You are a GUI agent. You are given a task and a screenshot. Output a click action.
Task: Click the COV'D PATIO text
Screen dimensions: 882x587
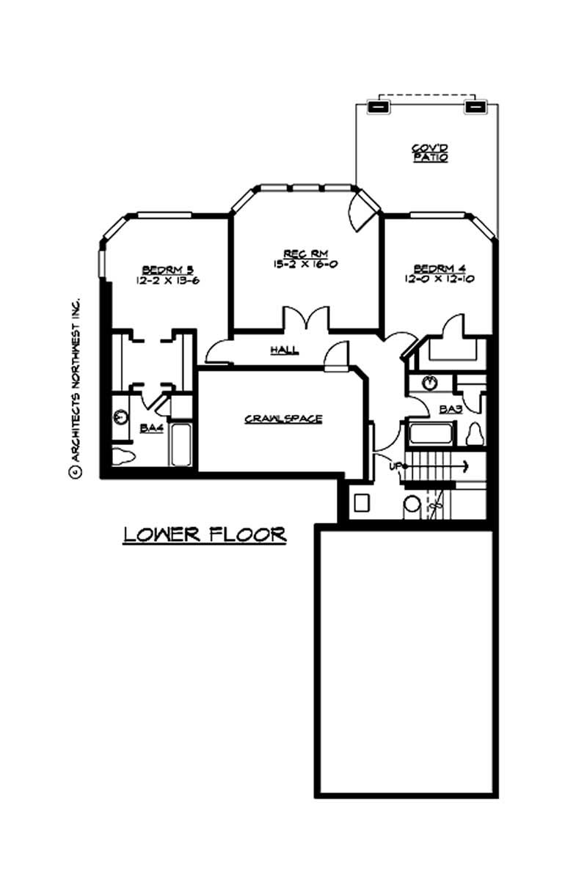tap(429, 152)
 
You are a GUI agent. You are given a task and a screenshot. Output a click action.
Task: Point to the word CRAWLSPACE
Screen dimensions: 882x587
tap(282, 419)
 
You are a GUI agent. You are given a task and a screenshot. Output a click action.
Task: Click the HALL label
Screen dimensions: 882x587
tap(283, 350)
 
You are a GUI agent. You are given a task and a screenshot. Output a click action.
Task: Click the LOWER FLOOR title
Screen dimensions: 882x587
tap(204, 534)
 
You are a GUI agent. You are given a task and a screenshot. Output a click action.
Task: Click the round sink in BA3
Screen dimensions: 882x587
tap(431, 382)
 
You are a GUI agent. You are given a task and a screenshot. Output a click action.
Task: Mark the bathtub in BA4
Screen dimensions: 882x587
tap(180, 444)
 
